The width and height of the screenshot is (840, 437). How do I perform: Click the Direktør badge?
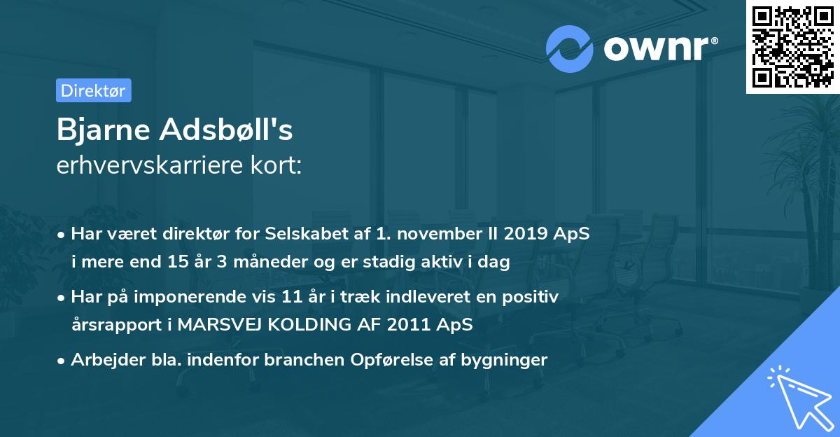click(93, 90)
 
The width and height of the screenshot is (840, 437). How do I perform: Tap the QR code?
click(793, 47)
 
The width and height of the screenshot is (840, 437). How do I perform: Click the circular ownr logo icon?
click(570, 48)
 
